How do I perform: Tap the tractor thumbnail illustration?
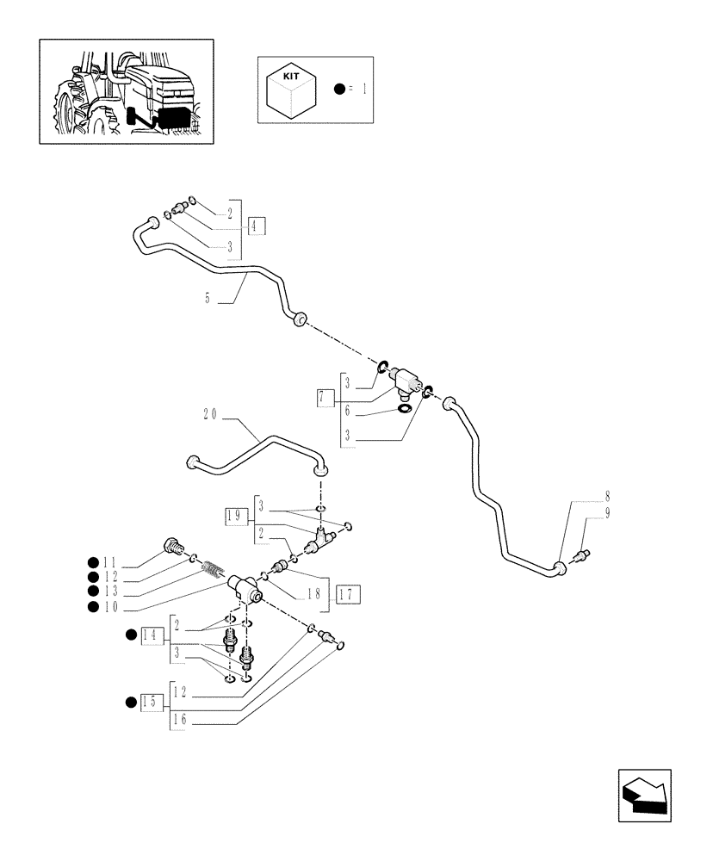(126, 90)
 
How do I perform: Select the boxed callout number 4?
(257, 227)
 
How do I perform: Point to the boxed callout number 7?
(325, 398)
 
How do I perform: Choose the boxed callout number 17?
(349, 593)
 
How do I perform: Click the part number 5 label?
(208, 300)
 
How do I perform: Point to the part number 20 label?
(210, 414)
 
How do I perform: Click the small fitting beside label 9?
(582, 554)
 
